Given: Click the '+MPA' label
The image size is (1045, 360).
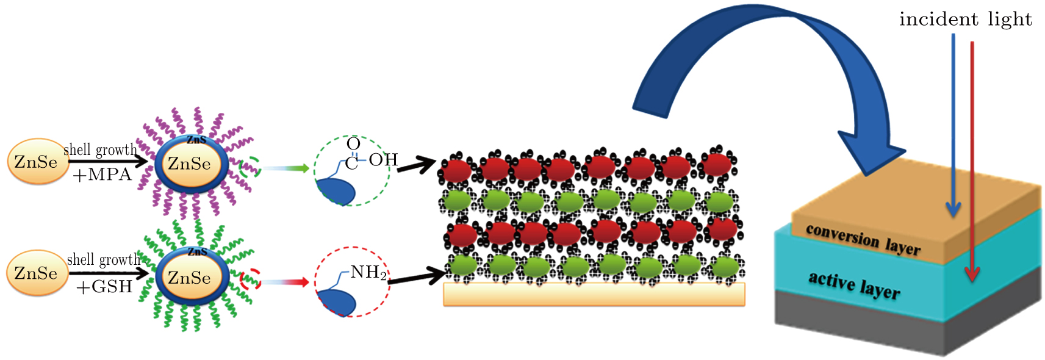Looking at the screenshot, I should point(102,175).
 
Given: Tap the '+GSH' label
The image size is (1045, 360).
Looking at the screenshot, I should point(104,286).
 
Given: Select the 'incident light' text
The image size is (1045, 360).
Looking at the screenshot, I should point(965,20).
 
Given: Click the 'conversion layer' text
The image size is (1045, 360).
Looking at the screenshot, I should point(863,239).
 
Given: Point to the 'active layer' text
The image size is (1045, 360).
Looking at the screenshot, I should point(854,285).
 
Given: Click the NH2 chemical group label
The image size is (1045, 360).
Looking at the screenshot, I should point(368,272).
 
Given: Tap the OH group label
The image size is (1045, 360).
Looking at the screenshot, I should point(383,160).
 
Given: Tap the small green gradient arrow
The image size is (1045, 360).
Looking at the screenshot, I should point(287,168).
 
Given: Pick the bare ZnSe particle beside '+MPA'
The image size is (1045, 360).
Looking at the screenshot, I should point(37,162).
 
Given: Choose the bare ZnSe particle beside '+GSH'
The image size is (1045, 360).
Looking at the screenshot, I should point(37,273).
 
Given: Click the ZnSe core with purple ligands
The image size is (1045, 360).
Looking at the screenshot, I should point(190,164).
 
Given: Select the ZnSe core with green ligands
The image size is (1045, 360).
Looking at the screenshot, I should point(190,278).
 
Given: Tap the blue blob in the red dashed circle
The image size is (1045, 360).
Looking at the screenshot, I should point(337,301).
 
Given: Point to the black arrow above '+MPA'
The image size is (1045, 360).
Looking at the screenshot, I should point(107,162).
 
